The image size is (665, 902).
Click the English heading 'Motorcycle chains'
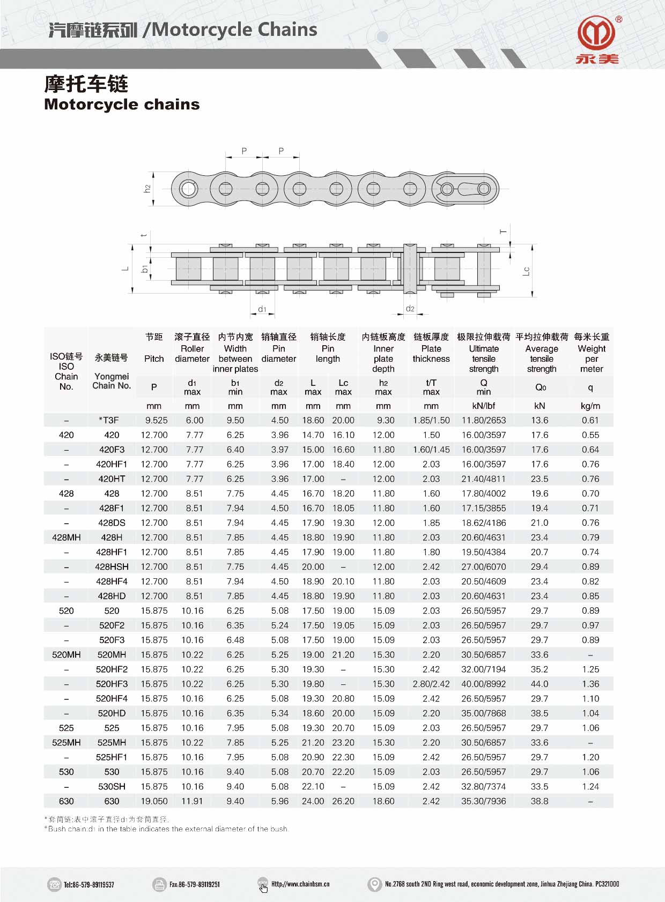point(122,104)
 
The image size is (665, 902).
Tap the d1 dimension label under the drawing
point(262,309)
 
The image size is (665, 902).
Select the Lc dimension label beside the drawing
point(526,271)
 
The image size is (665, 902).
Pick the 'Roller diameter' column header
point(192,354)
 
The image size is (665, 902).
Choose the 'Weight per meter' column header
point(591,359)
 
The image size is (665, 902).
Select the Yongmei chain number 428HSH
point(112,566)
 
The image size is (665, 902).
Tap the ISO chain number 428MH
point(66,538)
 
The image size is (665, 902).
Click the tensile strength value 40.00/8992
point(483,684)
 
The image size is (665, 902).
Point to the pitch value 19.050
point(154,801)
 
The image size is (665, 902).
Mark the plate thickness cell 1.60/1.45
point(431,450)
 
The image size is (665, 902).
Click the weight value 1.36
point(590,684)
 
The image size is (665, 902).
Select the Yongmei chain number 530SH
point(112,786)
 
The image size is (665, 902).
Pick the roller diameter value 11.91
point(192,801)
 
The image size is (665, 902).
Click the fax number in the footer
point(194,884)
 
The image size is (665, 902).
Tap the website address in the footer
point(300,884)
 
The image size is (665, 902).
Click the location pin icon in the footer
point(374,884)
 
